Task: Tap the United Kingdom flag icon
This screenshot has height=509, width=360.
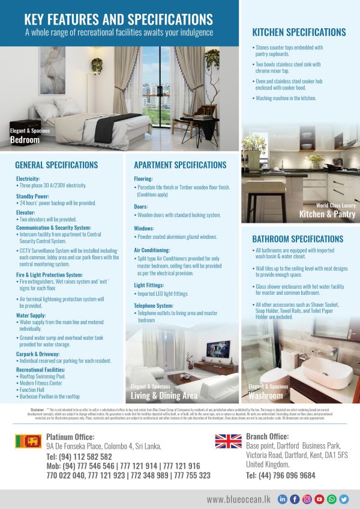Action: pyautogui.click(x=229, y=442)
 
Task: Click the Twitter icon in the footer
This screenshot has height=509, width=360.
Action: pyautogui.click(x=344, y=499)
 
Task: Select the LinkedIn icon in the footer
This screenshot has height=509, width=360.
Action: pyautogui.click(x=283, y=499)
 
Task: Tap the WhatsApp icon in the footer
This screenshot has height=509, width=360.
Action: pyautogui.click(x=332, y=499)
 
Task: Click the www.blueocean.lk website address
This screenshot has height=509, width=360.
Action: pyautogui.click(x=239, y=499)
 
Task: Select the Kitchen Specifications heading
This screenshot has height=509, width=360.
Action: pyautogui.click(x=299, y=32)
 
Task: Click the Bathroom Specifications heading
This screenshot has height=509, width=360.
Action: pyautogui.click(x=298, y=239)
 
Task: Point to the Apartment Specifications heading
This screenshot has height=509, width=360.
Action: pyautogui.click(x=180, y=165)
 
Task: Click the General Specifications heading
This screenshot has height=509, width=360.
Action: pyautogui.click(x=58, y=165)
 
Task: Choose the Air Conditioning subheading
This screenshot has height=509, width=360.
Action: pyautogui.click(x=152, y=250)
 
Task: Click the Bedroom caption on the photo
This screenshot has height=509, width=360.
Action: pyautogui.click(x=25, y=140)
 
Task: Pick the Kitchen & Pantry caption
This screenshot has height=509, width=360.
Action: pyautogui.click(x=327, y=214)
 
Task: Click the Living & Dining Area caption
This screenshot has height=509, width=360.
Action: pyautogui.click(x=164, y=396)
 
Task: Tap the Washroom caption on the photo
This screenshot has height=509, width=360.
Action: pyautogui.click(x=265, y=396)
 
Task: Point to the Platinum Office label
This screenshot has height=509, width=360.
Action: pyautogui.click(x=70, y=437)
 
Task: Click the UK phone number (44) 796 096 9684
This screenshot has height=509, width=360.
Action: pyautogui.click(x=280, y=475)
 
